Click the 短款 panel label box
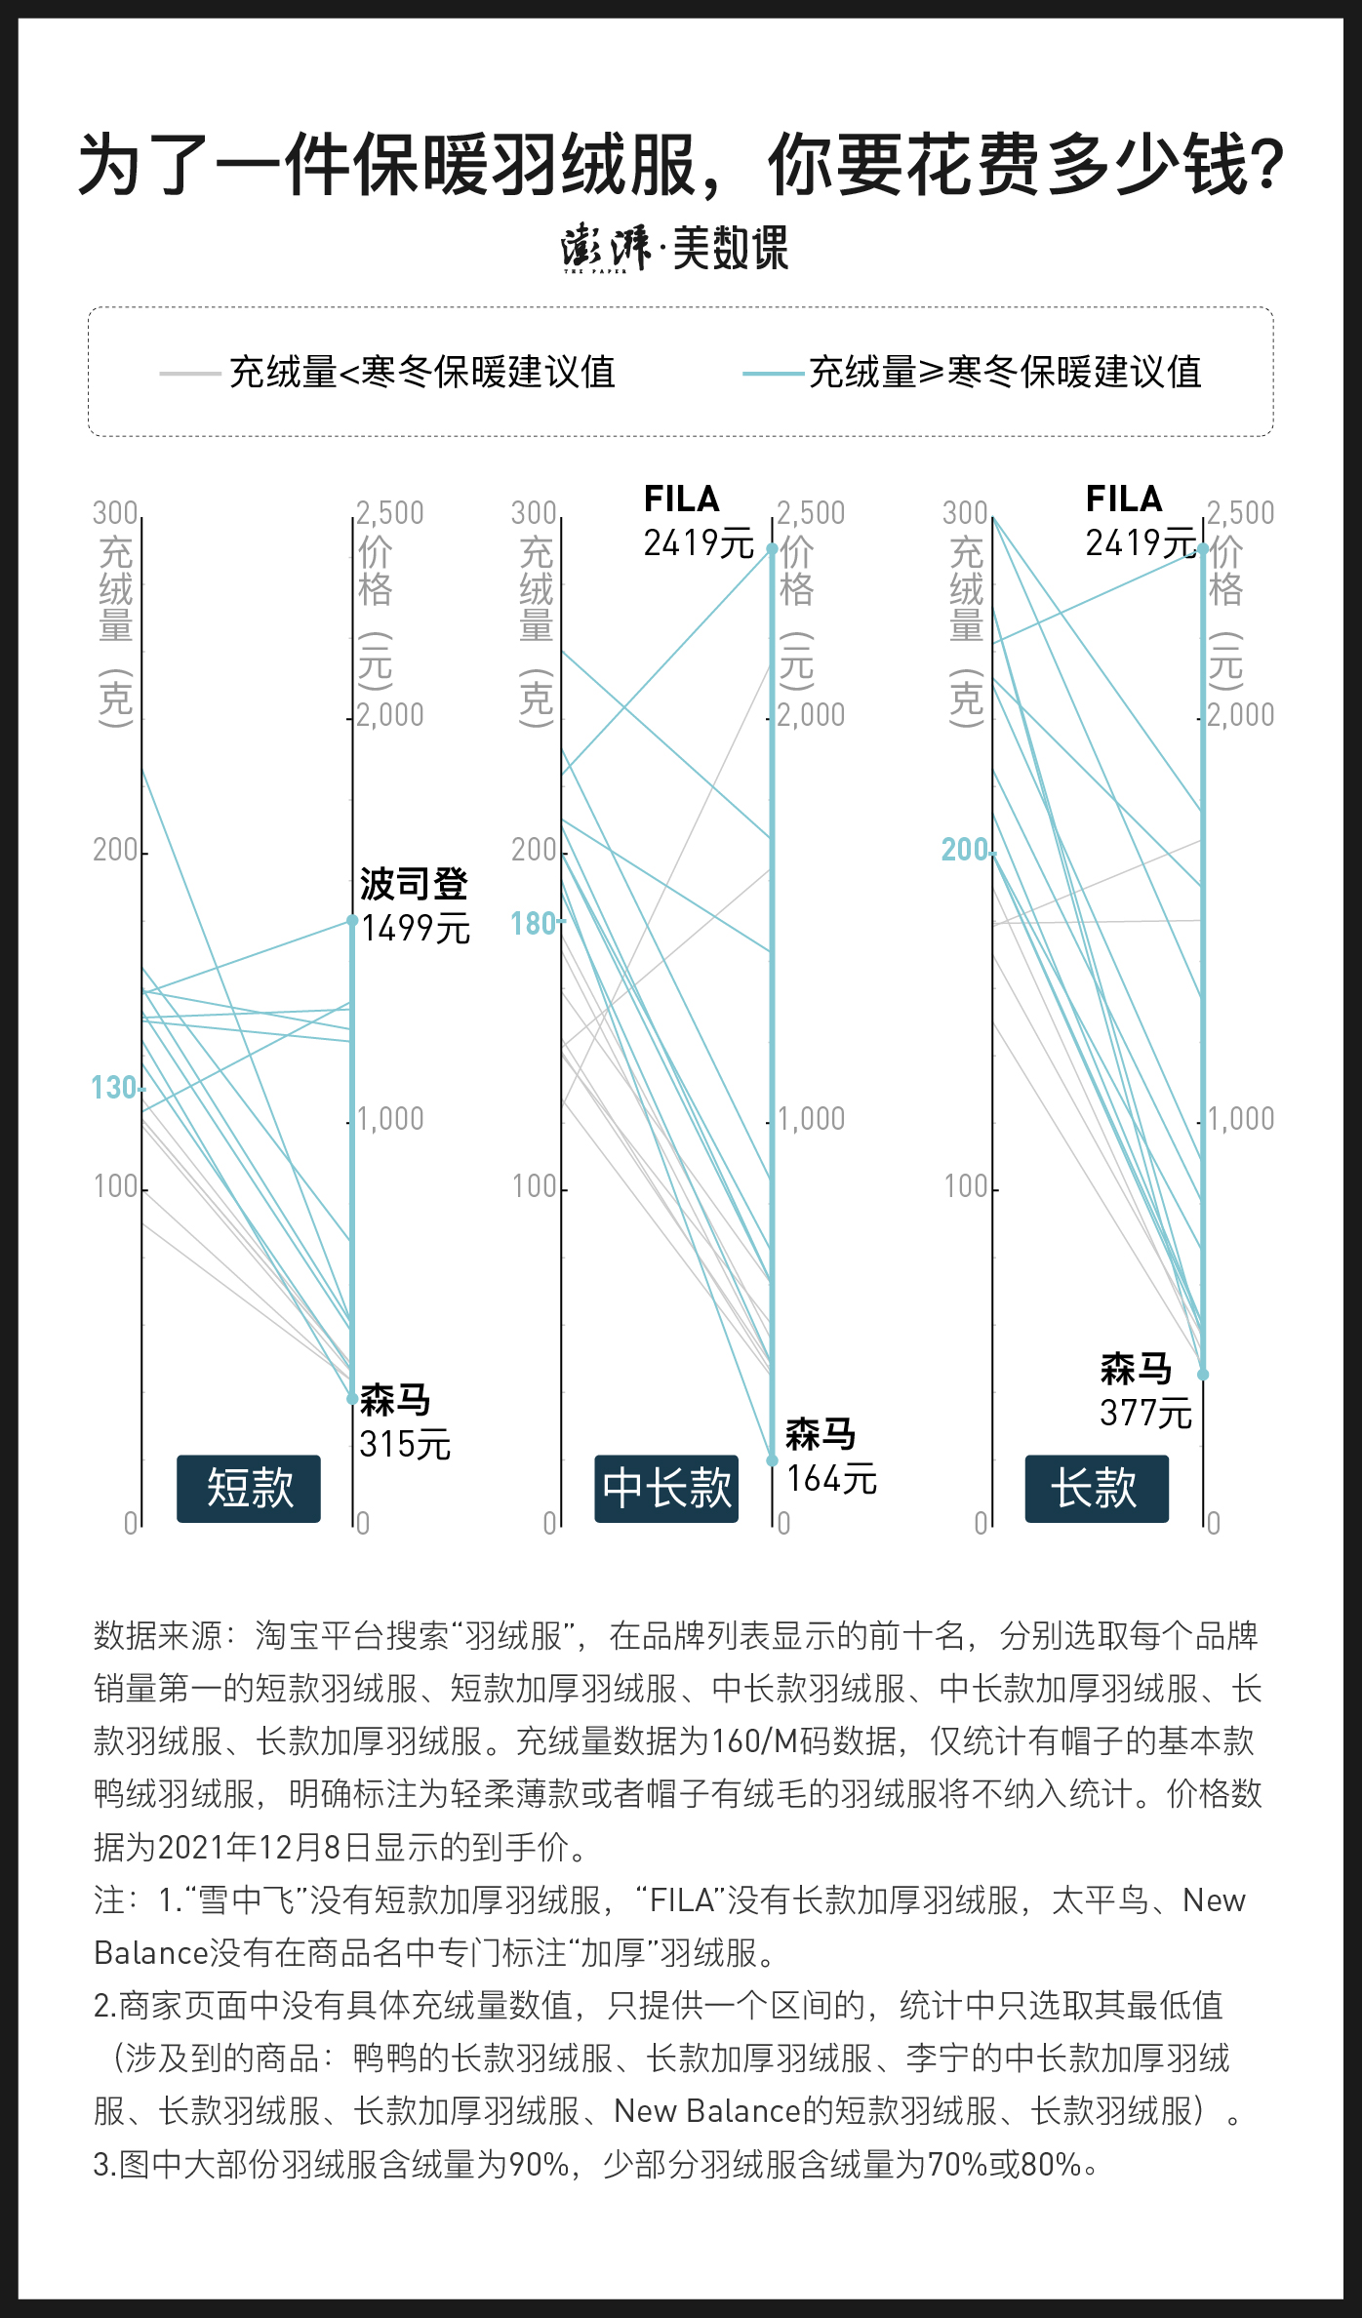tap(249, 1489)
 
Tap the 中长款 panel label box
tap(666, 1489)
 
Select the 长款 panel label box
tap(1096, 1489)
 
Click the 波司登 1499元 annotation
tap(415, 906)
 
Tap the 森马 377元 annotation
tap(1144, 1391)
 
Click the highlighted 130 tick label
tap(114, 1088)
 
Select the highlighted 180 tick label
tap(534, 924)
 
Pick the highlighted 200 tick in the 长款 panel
tap(965, 850)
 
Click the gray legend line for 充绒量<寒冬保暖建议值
tap(189, 373)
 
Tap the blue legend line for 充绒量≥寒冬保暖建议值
tap(773, 373)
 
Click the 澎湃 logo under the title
tap(605, 248)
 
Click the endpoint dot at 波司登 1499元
tap(353, 920)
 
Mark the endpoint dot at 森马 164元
tap(772, 1460)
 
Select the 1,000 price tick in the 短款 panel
tap(391, 1119)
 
